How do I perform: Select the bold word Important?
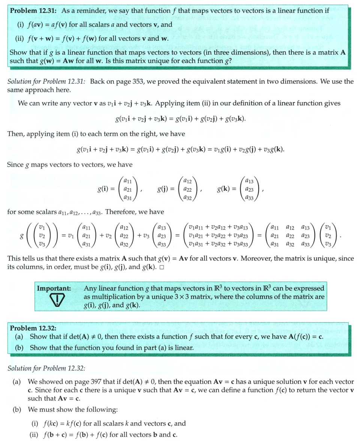point(54,289)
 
